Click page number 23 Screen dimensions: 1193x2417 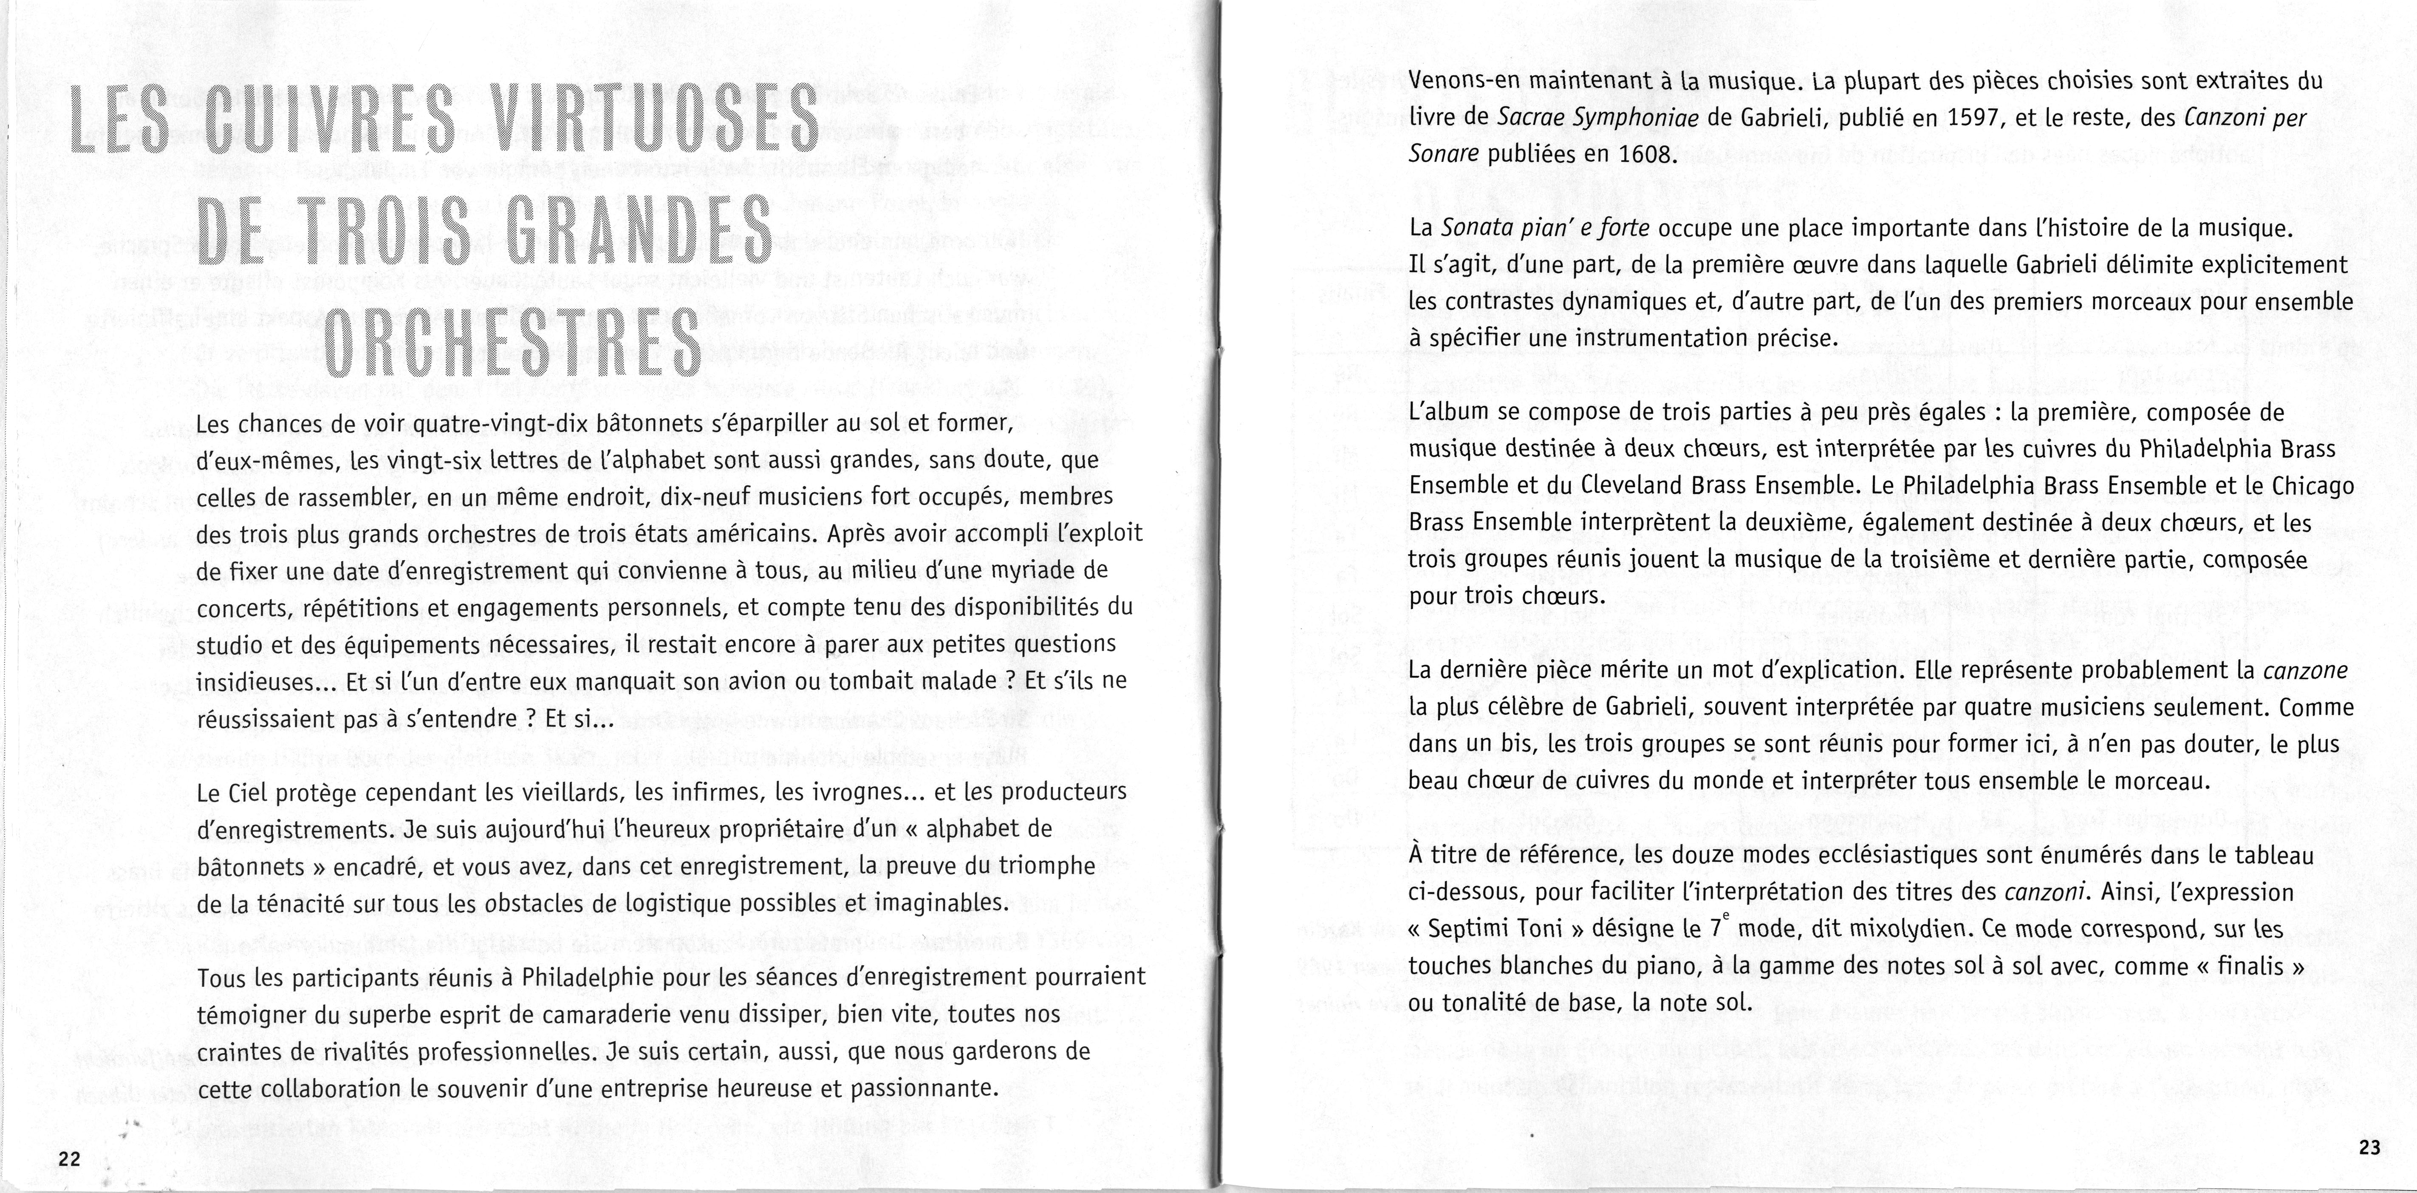pyautogui.click(x=2368, y=1147)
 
